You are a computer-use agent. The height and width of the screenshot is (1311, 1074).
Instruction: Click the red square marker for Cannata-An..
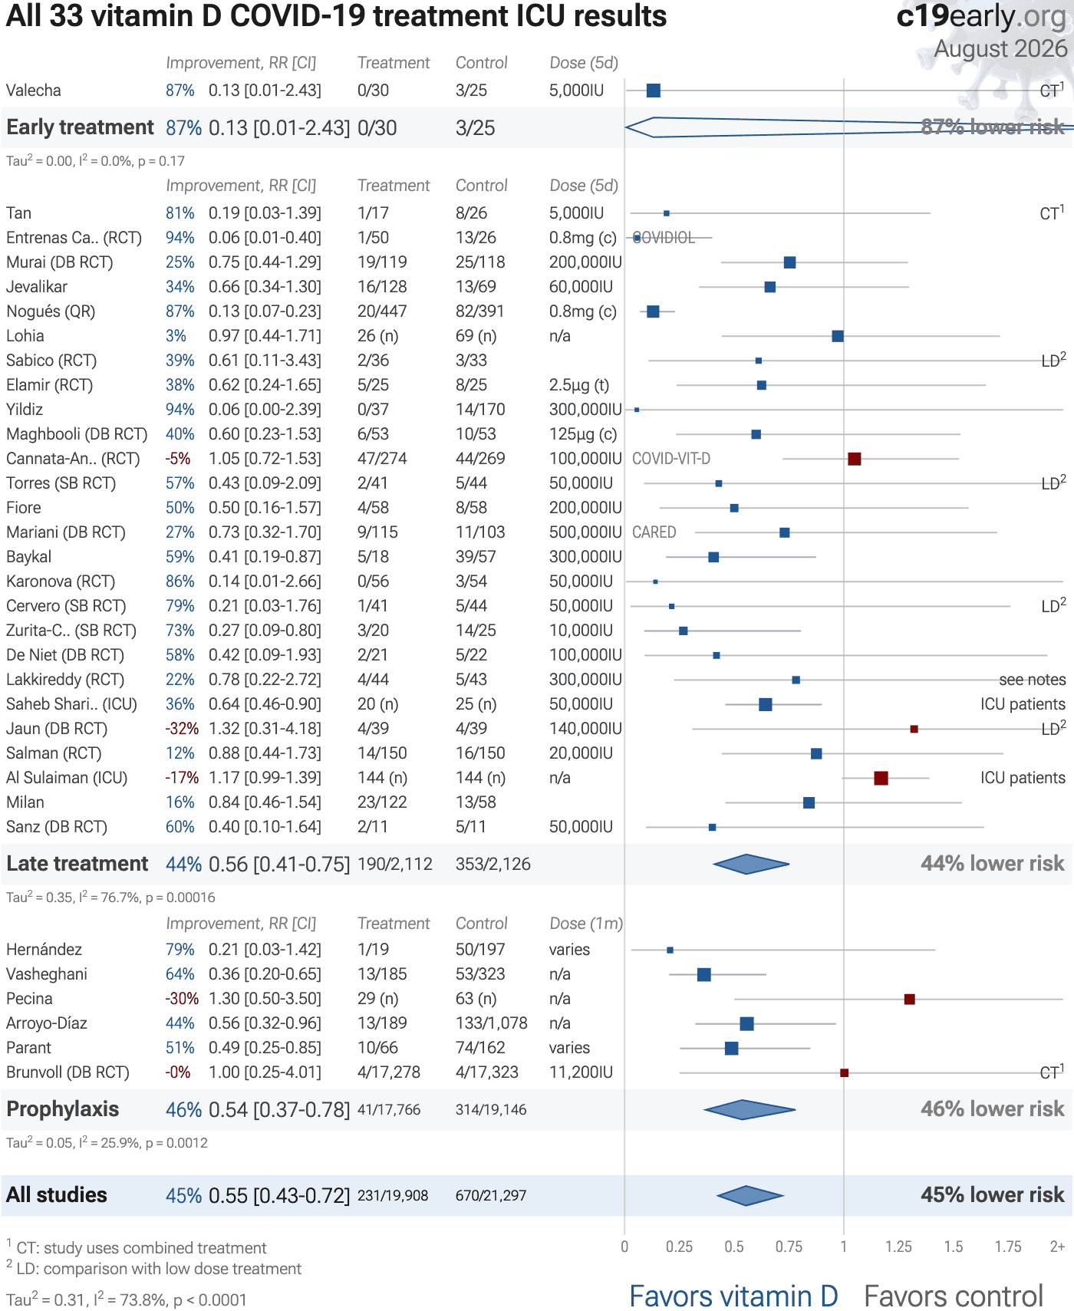[854, 459]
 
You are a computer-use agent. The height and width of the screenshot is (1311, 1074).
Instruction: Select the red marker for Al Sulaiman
[881, 778]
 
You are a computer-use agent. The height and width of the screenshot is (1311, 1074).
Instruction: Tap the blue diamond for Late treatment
[751, 864]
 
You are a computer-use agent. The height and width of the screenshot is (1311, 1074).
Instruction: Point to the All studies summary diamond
[749, 1195]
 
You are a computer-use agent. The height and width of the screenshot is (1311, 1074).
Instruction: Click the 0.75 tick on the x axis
[789, 1247]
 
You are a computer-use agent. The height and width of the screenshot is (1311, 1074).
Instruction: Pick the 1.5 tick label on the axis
[954, 1247]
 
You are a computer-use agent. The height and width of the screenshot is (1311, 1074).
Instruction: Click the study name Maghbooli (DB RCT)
[77, 434]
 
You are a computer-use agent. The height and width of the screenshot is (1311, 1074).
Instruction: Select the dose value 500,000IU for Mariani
[585, 532]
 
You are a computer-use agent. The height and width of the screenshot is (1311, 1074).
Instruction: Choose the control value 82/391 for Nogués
[480, 311]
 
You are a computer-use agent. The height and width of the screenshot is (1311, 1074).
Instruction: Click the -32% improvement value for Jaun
[182, 729]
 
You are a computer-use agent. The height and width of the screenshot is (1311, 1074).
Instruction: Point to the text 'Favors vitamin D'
[733, 1296]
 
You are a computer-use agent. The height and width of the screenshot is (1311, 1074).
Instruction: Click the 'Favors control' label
[954, 1296]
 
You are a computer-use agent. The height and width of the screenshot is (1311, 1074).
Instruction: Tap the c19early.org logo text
[982, 15]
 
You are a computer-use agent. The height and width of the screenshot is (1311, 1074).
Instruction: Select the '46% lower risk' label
[993, 1109]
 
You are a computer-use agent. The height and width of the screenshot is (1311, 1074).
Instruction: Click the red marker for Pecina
[909, 999]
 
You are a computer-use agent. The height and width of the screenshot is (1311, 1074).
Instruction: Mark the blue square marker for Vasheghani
[703, 974]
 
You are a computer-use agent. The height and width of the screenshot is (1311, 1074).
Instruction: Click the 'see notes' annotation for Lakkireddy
[1032, 680]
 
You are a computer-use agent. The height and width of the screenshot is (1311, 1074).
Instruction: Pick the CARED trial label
[654, 532]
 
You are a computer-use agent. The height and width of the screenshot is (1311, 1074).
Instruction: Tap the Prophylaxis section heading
[63, 1109]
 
